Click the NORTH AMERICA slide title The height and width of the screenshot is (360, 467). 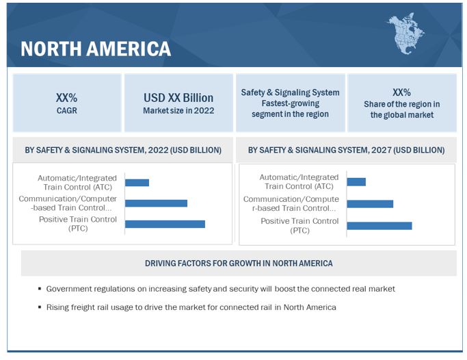[x=96, y=49]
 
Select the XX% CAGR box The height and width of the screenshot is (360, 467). [x=67, y=103]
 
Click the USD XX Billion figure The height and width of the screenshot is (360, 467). [x=178, y=97]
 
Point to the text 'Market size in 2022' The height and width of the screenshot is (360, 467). [x=178, y=110]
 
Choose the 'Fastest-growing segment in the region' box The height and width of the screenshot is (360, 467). [x=290, y=103]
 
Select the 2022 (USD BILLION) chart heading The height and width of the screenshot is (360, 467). [x=123, y=150]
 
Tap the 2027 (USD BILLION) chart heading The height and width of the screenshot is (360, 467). [x=346, y=150]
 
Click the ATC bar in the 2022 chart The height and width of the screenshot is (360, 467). [x=137, y=183]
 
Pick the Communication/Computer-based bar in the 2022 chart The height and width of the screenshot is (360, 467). [x=156, y=203]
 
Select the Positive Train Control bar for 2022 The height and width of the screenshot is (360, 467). [x=165, y=224]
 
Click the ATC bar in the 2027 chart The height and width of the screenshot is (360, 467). [x=356, y=182]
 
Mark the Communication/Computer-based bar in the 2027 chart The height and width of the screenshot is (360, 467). [x=370, y=204]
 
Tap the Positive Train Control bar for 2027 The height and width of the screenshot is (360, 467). [x=379, y=226]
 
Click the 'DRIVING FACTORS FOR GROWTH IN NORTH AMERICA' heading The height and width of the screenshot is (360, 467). [x=239, y=263]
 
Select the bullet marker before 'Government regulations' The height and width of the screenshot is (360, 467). [x=40, y=290]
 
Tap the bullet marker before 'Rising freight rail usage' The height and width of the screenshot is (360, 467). [x=40, y=308]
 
